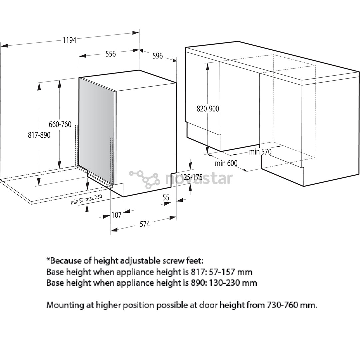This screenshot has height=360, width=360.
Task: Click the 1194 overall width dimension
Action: [x=69, y=40]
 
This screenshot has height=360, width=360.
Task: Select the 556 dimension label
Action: [x=110, y=53]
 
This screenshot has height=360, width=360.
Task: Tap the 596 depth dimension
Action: [x=157, y=56]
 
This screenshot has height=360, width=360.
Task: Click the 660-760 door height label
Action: [x=60, y=124]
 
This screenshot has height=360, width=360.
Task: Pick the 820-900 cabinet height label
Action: [x=208, y=108]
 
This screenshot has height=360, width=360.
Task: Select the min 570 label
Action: [x=260, y=152]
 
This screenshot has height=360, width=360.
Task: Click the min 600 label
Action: [x=226, y=163]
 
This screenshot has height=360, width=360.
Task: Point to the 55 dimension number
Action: [x=166, y=197]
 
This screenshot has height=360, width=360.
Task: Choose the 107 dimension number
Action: [x=116, y=215]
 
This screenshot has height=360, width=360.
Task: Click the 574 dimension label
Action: [x=145, y=224]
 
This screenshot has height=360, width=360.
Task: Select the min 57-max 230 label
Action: [x=86, y=199]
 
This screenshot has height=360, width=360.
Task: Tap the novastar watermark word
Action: [x=199, y=179]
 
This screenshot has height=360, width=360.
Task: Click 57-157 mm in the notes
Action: [x=231, y=272]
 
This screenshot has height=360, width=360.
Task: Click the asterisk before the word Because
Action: [x=48, y=260]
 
